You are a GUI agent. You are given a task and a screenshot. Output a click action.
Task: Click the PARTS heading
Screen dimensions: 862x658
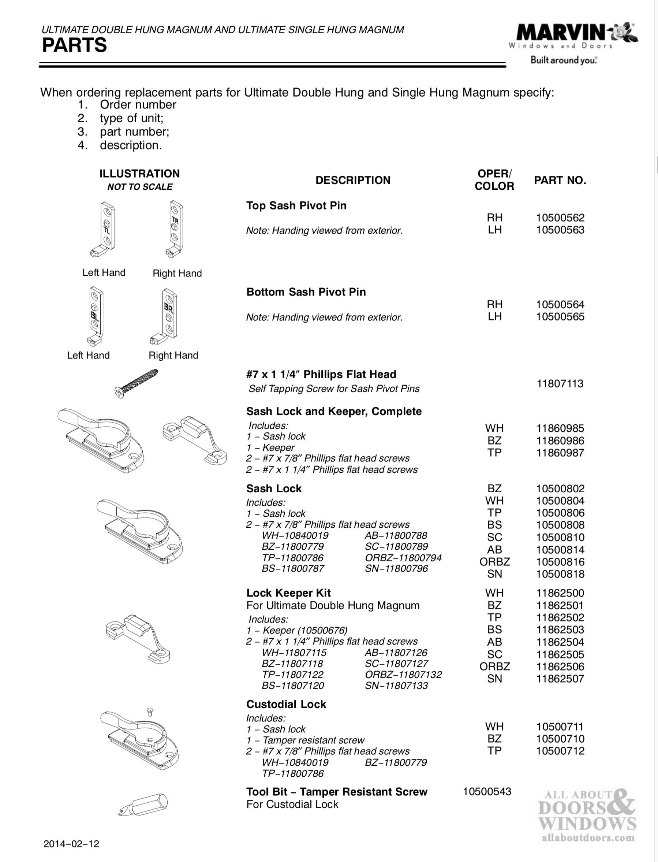(x=74, y=45)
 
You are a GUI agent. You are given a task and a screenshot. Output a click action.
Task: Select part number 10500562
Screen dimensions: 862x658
(x=560, y=218)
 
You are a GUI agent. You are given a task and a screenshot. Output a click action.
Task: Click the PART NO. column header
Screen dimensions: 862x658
(x=560, y=180)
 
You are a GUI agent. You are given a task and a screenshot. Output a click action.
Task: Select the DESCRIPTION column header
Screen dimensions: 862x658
(x=353, y=180)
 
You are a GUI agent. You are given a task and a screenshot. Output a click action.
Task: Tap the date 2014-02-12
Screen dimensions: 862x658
(x=71, y=844)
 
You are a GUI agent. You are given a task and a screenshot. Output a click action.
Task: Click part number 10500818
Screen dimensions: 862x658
(x=560, y=574)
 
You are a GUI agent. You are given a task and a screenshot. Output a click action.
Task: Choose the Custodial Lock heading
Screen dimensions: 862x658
(x=286, y=704)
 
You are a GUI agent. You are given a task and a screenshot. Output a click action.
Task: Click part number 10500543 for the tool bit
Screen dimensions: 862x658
(x=487, y=791)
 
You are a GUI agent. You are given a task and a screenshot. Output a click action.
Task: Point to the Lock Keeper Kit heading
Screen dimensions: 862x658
(x=288, y=593)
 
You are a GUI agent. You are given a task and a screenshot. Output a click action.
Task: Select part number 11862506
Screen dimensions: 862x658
(x=560, y=666)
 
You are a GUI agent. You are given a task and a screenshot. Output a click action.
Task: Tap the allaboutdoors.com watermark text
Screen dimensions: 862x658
(x=588, y=838)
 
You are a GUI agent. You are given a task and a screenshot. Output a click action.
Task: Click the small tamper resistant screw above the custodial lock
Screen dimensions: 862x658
(x=149, y=711)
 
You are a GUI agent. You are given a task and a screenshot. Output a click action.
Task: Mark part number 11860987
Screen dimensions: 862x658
(x=560, y=453)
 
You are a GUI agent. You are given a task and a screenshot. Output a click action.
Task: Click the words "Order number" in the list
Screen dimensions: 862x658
(x=138, y=105)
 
